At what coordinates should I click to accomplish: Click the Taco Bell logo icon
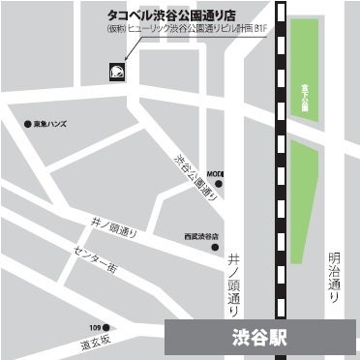click(115, 73)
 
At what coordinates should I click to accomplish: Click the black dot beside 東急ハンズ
click(27, 124)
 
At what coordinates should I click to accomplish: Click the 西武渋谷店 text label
click(200, 235)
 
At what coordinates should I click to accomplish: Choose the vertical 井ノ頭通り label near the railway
click(235, 280)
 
